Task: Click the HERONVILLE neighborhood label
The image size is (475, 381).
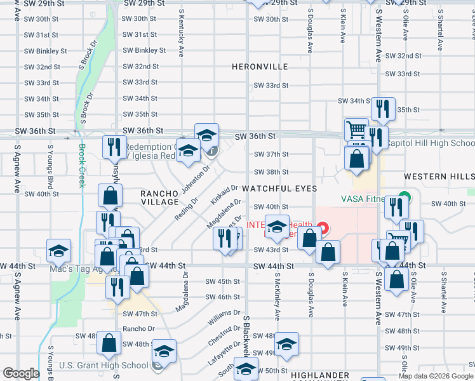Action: point(260,67)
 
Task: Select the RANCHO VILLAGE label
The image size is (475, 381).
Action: point(159,197)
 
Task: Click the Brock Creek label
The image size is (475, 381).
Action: point(81,166)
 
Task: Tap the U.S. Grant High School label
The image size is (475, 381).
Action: point(104,365)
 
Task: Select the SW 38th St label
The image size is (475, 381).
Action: point(271,172)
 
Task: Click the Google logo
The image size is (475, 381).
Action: point(21,373)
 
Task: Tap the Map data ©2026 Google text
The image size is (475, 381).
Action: point(436,376)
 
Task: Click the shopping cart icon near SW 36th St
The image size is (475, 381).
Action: point(356,130)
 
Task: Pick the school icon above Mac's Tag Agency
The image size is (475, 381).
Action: point(58,250)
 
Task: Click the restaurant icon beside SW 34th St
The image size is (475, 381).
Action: point(383,109)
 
